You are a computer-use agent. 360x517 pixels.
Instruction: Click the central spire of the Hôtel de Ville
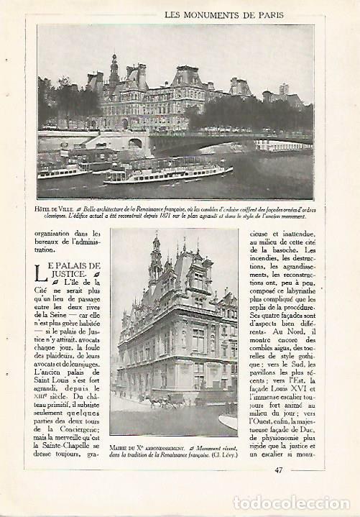coord(114,68)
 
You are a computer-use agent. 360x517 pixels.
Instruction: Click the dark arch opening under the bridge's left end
coord(135,143)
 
